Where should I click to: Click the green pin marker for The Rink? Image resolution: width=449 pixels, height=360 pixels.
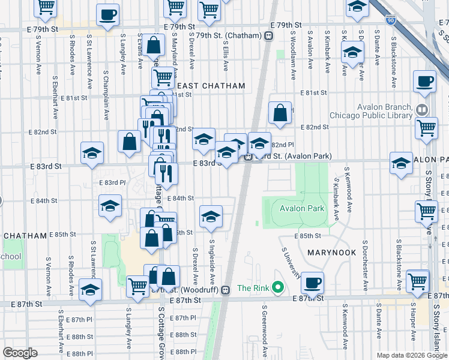[x=277, y=288]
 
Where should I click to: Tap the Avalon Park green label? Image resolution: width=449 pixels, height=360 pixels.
[x=302, y=209]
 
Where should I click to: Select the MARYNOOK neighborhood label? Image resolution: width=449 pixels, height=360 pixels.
[x=332, y=253]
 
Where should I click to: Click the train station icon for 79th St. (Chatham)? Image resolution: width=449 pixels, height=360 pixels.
[x=269, y=36]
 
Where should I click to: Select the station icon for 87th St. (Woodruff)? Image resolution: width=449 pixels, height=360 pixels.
[x=226, y=290]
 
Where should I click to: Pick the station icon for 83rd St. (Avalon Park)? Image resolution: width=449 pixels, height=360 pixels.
[x=247, y=157]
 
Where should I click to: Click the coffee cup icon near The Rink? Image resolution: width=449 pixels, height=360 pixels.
[x=312, y=281]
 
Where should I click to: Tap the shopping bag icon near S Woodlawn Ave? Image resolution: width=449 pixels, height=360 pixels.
[x=280, y=112]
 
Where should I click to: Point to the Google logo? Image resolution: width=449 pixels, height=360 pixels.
[x=20, y=353]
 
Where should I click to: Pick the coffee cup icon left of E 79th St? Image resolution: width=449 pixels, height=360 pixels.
[x=107, y=14]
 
